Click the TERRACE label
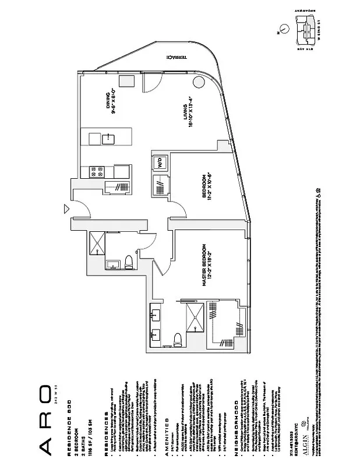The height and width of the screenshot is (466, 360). [177, 58]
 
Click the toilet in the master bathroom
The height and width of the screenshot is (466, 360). [178, 339]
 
